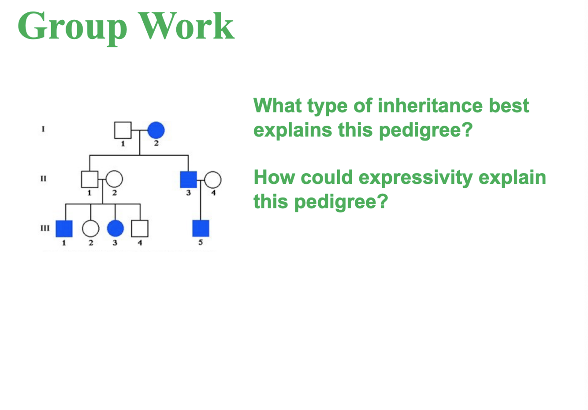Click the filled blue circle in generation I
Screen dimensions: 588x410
(x=156, y=130)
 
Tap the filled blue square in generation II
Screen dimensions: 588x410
(x=189, y=179)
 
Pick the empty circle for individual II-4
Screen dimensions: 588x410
(x=213, y=179)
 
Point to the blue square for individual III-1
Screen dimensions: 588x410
(x=64, y=229)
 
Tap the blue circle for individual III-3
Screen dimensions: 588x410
(x=115, y=229)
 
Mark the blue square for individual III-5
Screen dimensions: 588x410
(x=201, y=228)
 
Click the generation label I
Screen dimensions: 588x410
(x=43, y=129)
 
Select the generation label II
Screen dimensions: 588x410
(x=43, y=179)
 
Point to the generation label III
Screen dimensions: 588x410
(x=45, y=228)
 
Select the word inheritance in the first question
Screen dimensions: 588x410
(x=430, y=105)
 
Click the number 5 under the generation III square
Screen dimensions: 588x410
(x=201, y=242)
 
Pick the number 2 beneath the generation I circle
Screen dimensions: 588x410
(x=156, y=143)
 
